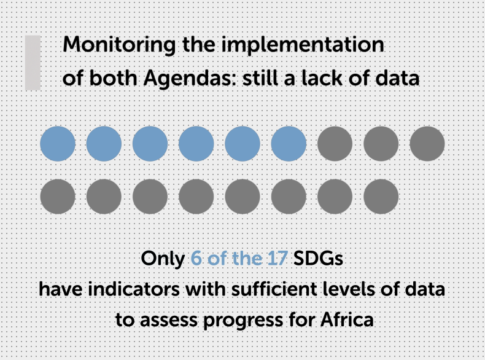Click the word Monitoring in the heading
point(119,45)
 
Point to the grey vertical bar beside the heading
point(33,63)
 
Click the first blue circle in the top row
point(58,144)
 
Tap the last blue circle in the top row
point(289,144)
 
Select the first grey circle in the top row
point(335,144)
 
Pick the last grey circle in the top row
point(427,144)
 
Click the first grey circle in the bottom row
point(58,197)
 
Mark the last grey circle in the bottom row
point(381,197)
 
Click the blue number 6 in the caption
point(196,258)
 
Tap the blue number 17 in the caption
point(277,258)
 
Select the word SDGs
point(318,258)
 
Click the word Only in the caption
point(163,259)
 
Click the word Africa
point(347,319)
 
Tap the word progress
point(243,321)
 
